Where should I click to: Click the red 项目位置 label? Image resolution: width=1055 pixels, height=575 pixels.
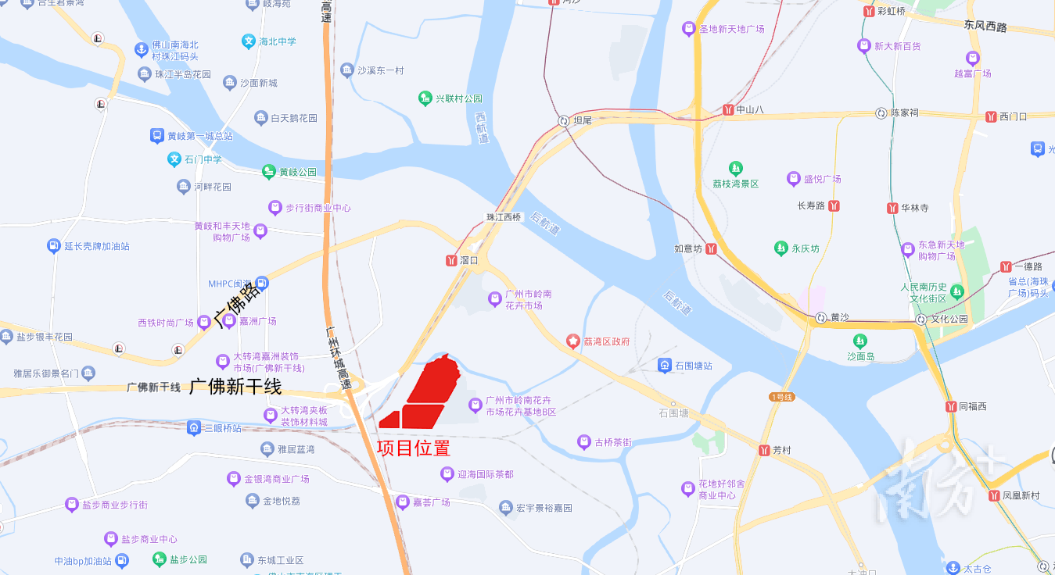click(x=413, y=448)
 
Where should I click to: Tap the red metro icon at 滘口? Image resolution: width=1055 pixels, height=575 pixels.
click(x=451, y=260)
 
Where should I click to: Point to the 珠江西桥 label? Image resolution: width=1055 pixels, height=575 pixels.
click(x=504, y=217)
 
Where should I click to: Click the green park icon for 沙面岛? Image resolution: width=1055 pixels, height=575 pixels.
click(x=860, y=341)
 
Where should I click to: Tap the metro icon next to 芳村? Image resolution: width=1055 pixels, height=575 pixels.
click(x=763, y=450)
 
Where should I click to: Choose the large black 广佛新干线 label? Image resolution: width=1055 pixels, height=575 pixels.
click(x=235, y=386)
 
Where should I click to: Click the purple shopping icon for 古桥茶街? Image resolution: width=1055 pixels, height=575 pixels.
click(x=583, y=442)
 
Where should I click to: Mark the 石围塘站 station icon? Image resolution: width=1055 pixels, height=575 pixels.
click(x=664, y=365)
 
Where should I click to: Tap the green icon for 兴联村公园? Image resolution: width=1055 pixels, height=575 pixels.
click(x=425, y=98)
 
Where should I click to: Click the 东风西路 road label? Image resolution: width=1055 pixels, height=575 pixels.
click(x=985, y=27)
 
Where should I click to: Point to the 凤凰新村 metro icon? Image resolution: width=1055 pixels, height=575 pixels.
click(x=994, y=495)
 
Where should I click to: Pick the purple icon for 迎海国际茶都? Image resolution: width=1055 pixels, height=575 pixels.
click(x=447, y=474)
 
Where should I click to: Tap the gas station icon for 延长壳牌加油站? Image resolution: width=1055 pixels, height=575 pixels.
click(x=53, y=246)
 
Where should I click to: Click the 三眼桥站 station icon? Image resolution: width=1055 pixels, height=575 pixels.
click(x=194, y=428)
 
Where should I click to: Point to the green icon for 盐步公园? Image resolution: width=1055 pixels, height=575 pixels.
click(x=160, y=559)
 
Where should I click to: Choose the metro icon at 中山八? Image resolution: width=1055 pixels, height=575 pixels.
click(x=728, y=109)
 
